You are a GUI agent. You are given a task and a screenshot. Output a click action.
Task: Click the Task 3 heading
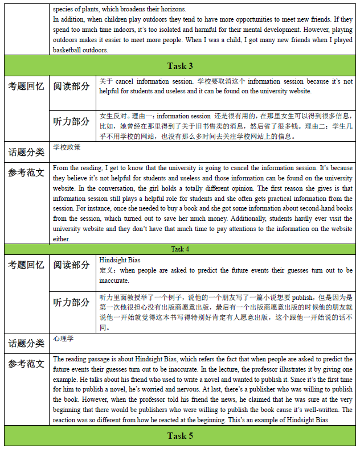180,65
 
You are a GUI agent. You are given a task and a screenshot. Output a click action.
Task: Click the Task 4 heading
180,249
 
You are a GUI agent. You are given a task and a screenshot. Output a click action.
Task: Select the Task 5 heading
180,436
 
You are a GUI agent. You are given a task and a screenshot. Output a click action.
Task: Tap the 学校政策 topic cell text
67,147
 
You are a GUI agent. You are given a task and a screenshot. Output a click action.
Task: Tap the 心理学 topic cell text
63,339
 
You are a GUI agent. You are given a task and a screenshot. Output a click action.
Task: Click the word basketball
72,50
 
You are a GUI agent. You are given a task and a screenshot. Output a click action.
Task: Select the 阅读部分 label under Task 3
72,86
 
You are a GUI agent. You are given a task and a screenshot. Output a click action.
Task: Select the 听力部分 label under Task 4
72,302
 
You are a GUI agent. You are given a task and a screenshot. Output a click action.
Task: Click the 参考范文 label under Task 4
26,364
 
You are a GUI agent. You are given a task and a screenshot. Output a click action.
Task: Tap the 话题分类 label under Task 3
26,152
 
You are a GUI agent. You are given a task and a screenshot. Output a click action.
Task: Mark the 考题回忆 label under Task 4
26,265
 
